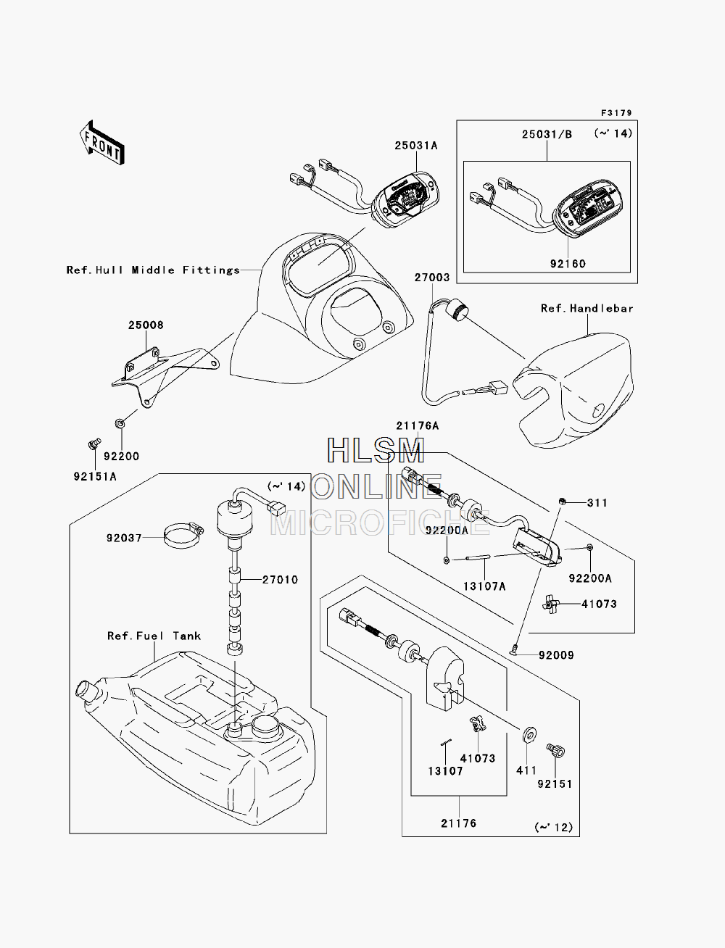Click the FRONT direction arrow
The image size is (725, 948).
[x=102, y=142]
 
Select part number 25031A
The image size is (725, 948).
[x=415, y=146]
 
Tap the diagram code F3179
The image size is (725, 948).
[x=616, y=113]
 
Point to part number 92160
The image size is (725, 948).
[x=567, y=264]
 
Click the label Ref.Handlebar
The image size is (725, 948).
[x=587, y=308]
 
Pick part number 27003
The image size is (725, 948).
[x=432, y=278]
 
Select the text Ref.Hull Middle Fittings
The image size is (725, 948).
[x=153, y=270]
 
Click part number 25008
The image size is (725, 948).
[x=146, y=325]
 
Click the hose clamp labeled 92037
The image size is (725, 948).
[x=183, y=535]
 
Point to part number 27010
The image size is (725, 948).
[x=280, y=580]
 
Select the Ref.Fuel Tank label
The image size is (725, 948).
[x=154, y=636]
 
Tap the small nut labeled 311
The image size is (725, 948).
[x=562, y=502]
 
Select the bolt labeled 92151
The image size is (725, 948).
[x=555, y=750]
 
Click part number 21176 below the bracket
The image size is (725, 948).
[x=458, y=823]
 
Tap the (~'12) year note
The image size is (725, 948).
[x=553, y=827]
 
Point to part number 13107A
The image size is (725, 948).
[x=484, y=586]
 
